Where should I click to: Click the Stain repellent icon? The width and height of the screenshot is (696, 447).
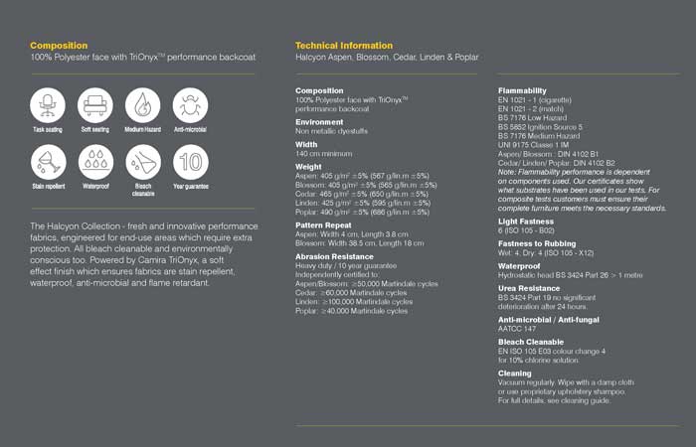47,161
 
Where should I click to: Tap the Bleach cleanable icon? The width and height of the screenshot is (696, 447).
142,161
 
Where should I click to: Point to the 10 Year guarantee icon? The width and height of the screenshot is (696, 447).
190,161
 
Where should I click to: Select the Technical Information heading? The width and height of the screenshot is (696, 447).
344,46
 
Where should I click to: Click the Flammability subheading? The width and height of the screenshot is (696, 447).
522,90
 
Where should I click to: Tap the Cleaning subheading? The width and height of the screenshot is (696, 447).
515,372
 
